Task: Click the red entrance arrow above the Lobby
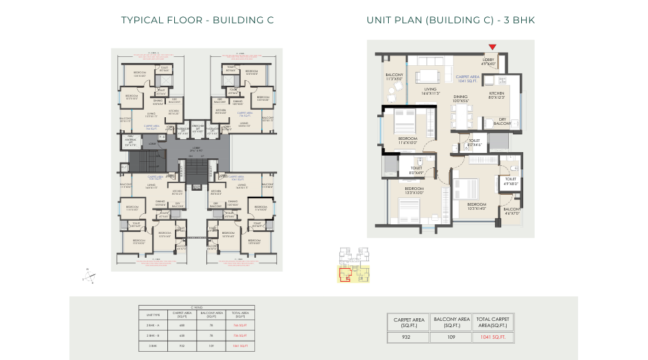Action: point(492,47)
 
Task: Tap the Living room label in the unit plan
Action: point(430,91)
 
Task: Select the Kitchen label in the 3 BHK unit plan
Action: point(496,95)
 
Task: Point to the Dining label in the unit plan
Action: point(461,99)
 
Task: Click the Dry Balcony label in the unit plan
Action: point(502,121)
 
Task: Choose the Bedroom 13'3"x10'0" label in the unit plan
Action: point(414,191)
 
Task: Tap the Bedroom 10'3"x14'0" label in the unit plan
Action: point(477,206)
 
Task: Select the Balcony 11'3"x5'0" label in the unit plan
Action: point(394,77)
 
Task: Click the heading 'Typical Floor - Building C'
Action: point(197,21)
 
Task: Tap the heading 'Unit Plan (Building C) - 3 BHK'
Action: point(451,21)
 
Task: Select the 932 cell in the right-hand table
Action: point(407,337)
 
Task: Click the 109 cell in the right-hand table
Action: point(450,337)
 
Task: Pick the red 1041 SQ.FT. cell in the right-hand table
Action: point(492,337)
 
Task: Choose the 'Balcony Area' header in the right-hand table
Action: point(450,322)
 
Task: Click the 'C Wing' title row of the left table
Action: point(197,307)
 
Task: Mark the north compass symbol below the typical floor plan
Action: point(89,276)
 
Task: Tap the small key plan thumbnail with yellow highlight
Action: point(354,265)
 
